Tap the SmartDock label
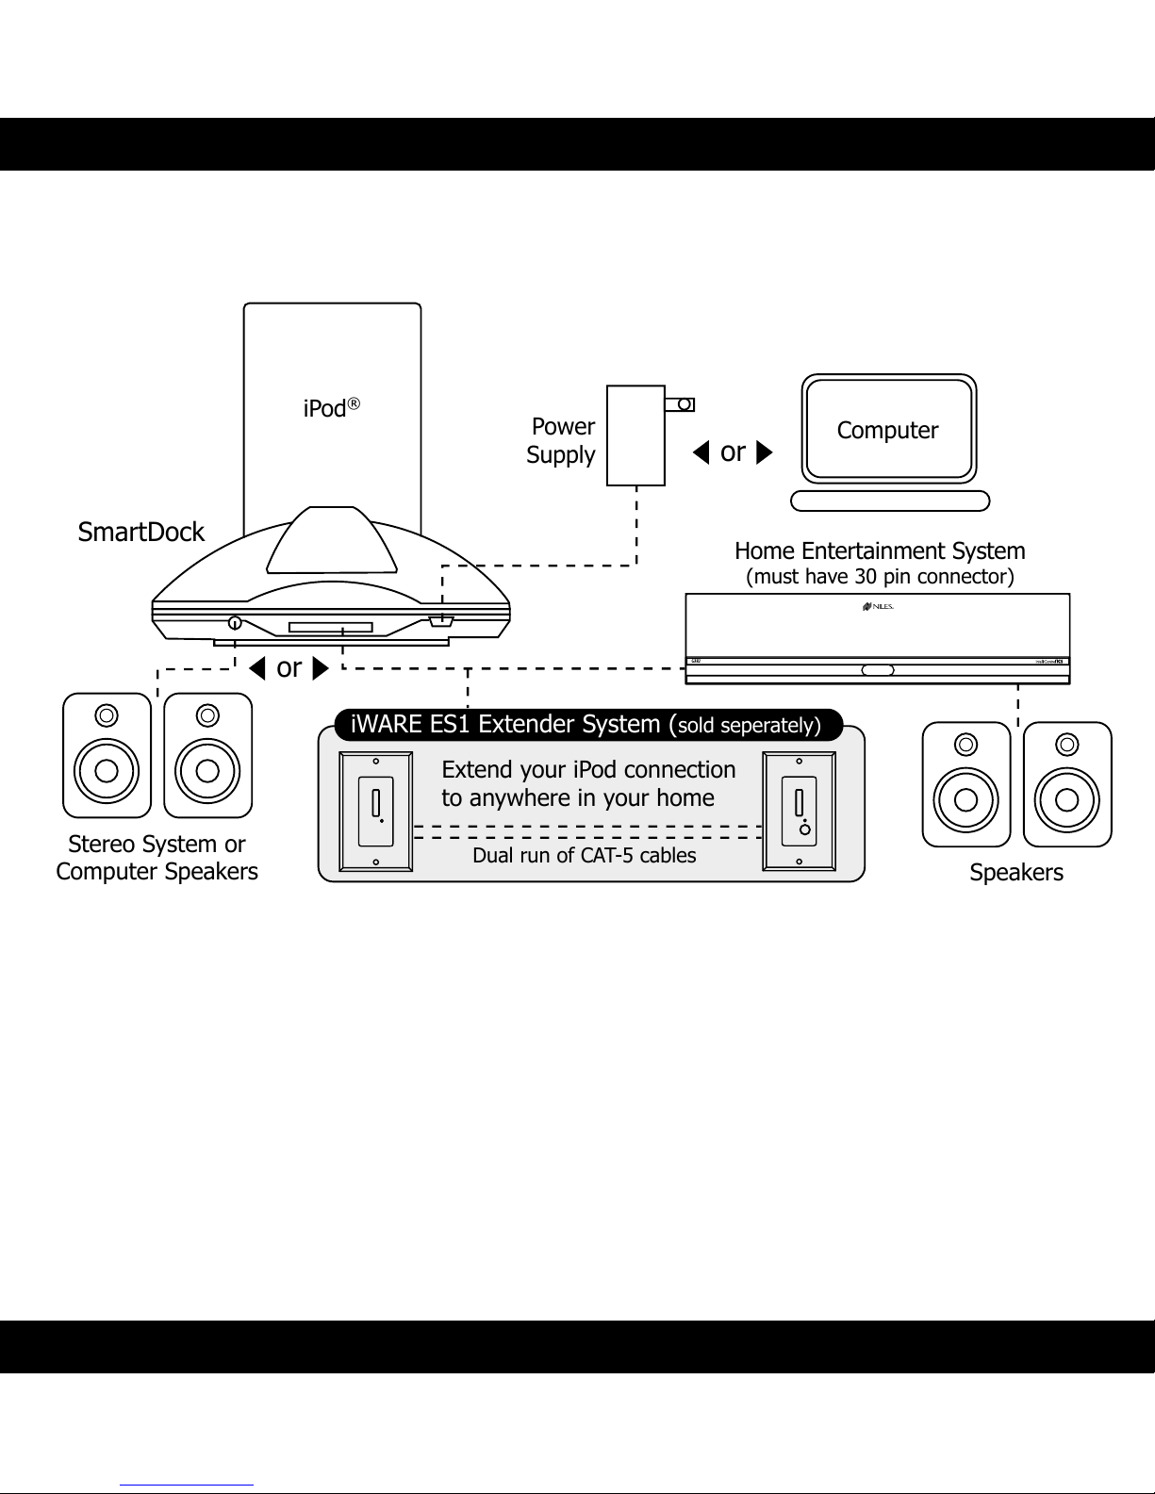[140, 533]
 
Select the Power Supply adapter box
[635, 435]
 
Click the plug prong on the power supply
[680, 404]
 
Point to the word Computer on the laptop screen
[887, 431]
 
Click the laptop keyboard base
[890, 501]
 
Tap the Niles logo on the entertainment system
[877, 607]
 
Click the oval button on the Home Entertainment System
[878, 670]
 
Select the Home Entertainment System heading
[880, 550]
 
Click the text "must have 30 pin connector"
[880, 577]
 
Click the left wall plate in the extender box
[376, 811]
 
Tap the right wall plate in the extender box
[800, 811]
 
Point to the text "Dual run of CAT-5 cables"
[584, 856]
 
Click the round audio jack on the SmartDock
[234, 623]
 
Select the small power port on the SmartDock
[441, 621]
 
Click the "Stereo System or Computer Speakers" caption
[157, 858]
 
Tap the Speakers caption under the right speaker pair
[1016, 873]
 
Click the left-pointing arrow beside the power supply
[701, 453]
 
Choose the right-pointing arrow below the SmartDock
[320, 669]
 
